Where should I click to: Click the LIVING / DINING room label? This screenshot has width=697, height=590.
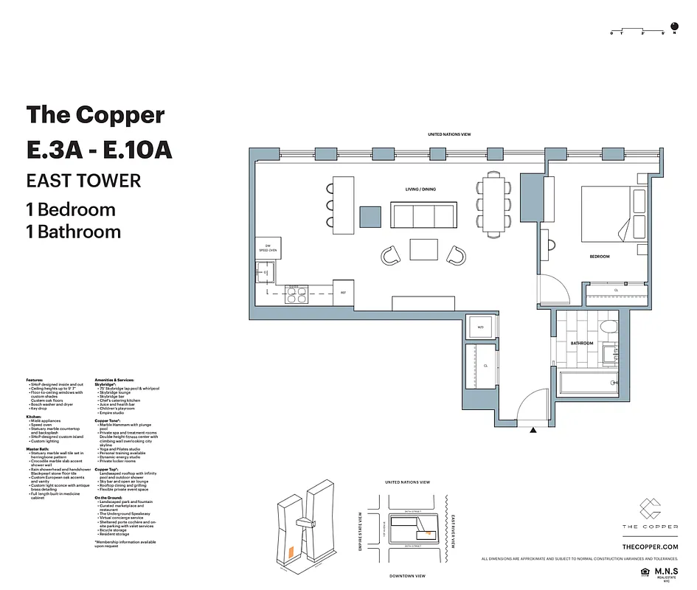click(420, 190)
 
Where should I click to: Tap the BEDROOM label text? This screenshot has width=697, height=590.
click(599, 257)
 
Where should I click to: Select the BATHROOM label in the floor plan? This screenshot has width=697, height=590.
click(582, 343)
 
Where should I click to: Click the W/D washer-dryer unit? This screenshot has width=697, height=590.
click(479, 327)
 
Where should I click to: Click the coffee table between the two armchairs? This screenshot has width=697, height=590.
click(423, 249)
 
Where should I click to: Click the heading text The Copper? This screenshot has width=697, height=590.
click(95, 115)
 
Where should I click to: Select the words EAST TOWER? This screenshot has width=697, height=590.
click(83, 181)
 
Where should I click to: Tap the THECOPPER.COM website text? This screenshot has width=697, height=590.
click(650, 546)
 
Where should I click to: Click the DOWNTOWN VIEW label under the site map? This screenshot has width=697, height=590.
click(408, 575)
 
